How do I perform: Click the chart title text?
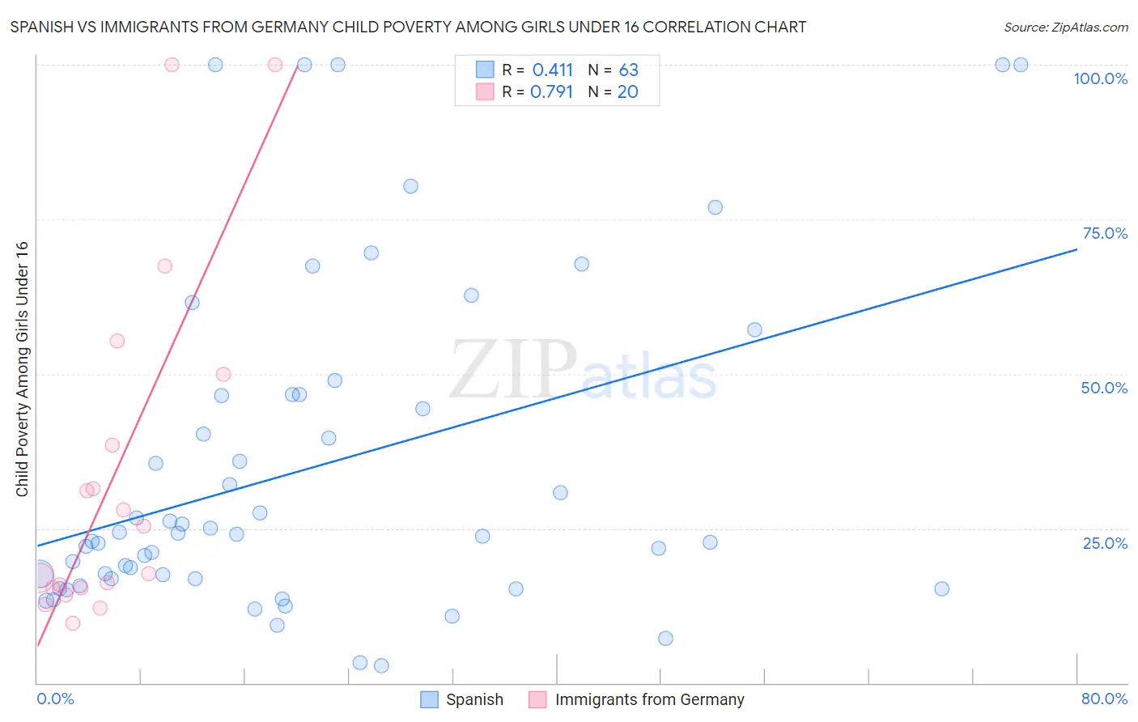tap(408, 27)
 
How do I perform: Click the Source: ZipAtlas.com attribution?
tap(1065, 27)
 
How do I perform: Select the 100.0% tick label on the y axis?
tap(1100, 79)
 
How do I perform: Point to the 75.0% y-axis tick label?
tap(1105, 233)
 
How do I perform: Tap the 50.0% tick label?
tap(1104, 388)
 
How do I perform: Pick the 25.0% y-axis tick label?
tap(1105, 543)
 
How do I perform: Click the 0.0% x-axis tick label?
tap(55, 699)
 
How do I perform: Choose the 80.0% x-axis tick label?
tap(1104, 699)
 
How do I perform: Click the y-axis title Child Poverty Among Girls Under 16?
tap(22, 369)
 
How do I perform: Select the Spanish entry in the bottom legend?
tap(474, 699)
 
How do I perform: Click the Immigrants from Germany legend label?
tap(649, 699)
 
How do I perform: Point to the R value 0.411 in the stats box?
tap(552, 70)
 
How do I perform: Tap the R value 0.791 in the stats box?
tap(551, 92)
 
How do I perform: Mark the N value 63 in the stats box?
tap(628, 70)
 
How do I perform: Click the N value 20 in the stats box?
tap(627, 92)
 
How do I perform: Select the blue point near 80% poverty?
tap(410, 186)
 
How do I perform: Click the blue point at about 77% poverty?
tap(715, 207)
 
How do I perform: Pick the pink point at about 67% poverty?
tap(164, 266)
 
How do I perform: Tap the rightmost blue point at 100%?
tap(1021, 65)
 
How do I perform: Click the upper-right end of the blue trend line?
tap(1076, 249)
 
